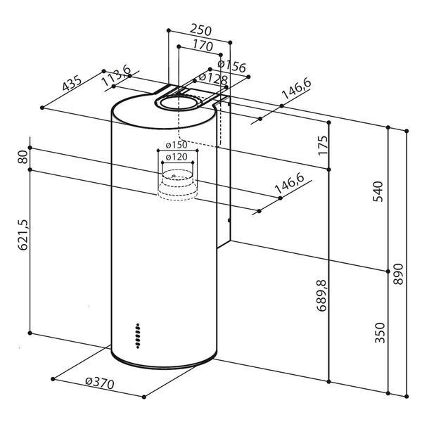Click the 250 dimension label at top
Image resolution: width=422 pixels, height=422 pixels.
200,30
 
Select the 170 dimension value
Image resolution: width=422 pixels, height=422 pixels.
203,46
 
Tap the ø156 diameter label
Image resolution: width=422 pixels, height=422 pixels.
231,67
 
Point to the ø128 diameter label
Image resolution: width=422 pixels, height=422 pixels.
213,78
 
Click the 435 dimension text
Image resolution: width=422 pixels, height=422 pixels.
72,83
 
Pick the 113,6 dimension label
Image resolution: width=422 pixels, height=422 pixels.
117,76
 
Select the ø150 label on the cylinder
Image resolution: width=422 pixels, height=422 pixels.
177,145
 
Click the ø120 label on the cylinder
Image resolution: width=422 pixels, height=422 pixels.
177,157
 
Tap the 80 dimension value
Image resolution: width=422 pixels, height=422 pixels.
23,157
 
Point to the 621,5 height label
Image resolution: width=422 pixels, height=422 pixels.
23,235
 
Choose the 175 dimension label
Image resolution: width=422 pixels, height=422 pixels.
323,146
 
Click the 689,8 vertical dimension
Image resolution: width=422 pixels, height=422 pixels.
322,295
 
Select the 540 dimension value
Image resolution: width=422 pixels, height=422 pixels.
378,191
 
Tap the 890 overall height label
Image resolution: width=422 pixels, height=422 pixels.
398,274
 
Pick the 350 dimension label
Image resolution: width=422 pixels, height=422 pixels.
380,333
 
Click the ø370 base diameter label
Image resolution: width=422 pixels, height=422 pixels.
100,383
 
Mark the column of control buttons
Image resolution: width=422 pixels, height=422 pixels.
138,336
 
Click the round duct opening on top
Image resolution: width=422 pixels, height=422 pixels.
179,103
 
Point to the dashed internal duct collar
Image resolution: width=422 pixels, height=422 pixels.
177,185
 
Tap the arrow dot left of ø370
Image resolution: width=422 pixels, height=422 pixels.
53,379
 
